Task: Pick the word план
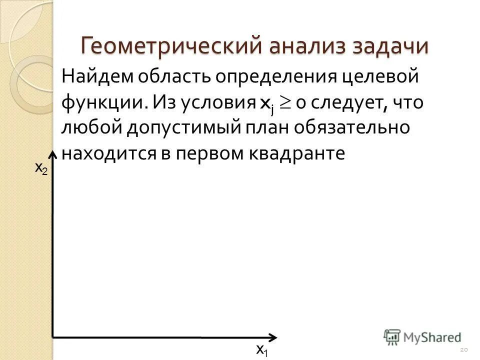point(262,128)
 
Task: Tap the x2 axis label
point(41,168)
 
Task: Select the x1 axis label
point(261,349)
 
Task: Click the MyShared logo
point(422,336)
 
